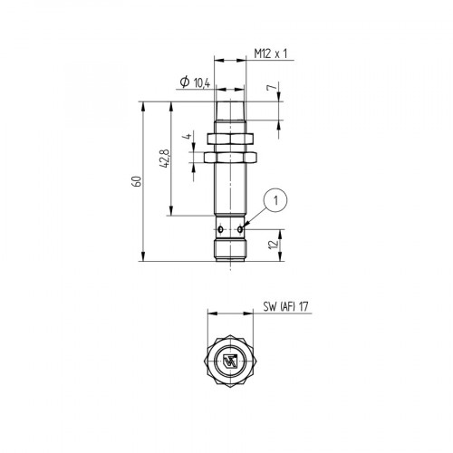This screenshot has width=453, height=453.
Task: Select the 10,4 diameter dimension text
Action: click(202, 83)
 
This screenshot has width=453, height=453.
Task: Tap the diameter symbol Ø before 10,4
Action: click(185, 83)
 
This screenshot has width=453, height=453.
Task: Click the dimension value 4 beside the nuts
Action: click(187, 140)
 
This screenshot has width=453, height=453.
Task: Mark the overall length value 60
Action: click(137, 179)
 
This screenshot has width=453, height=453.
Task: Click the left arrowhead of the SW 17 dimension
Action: click(210, 314)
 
